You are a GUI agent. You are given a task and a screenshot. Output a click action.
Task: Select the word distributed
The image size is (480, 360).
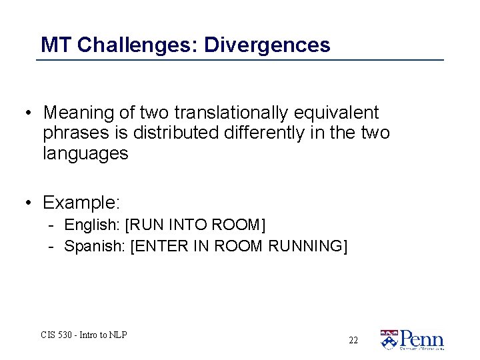point(176,133)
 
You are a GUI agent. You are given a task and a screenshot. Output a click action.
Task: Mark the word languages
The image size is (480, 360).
point(85,153)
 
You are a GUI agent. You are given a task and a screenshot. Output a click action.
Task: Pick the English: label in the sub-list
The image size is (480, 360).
point(92,225)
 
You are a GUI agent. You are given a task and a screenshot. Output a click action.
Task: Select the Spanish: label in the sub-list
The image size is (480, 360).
point(95,246)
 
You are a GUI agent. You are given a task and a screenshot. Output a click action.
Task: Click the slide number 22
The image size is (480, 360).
point(353,340)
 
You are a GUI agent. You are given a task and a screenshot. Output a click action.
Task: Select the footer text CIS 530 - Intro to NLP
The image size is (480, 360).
point(84,335)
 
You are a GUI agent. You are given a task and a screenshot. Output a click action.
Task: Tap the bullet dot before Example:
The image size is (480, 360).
point(28,201)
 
